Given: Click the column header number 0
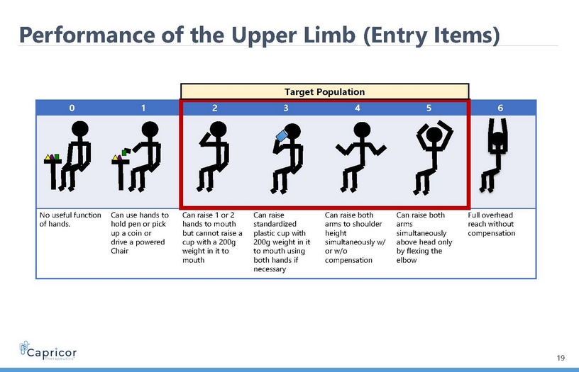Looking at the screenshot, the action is pos(72,108).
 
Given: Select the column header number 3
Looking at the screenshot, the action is pos(286,108).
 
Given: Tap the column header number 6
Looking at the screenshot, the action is pos(500,108).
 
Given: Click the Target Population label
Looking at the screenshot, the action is pos(324,92).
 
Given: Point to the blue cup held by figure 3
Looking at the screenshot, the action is pos(282,135).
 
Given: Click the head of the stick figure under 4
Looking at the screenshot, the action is pos(362,130).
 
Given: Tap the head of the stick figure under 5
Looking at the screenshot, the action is pos(434,134).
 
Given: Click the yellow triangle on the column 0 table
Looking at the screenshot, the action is pos(48,157).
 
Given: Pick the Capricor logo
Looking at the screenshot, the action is pos(48,350).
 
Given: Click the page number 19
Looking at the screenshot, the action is pos(561,358).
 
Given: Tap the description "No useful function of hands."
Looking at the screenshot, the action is pos(70,220).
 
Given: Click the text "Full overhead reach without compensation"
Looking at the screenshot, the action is pos(491,224).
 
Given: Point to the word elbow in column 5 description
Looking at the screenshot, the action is pos(406,260).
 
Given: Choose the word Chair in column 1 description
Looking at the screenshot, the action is pos(120,251).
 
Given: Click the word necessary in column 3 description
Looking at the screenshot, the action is pos(270,269).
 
